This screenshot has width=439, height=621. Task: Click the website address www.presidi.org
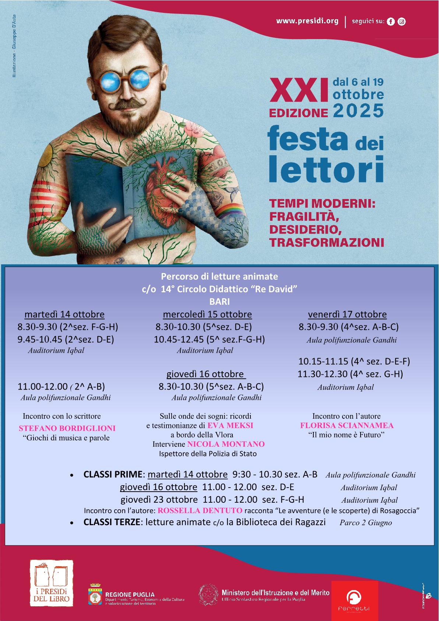pos(307,21)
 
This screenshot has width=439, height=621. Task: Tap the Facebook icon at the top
pos(391,22)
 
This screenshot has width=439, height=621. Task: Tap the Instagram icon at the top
pos(402,22)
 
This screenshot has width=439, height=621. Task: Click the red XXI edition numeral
pos(299,91)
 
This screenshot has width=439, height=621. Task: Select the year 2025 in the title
pos(358,111)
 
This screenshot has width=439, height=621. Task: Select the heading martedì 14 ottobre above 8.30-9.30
pos(64,314)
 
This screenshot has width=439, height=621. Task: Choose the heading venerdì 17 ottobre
pos(347,314)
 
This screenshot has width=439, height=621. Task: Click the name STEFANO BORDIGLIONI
pos(67,428)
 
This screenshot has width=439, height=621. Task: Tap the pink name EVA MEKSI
pos(230,425)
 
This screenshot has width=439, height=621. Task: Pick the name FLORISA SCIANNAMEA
pos(347,425)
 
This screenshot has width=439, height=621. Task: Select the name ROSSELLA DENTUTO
pos(200,510)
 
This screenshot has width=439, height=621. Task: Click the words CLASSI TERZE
pos(112,522)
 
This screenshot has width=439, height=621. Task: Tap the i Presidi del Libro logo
pos(52,583)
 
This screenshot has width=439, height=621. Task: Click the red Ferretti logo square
pos(355,601)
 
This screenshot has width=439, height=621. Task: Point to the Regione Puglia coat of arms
pos(95,594)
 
